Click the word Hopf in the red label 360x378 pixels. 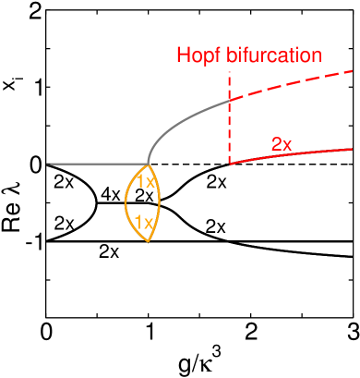[196, 55]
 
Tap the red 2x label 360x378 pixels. [282, 144]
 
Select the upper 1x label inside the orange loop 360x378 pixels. [146, 182]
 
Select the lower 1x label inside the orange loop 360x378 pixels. [143, 222]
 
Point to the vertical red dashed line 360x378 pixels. [229, 129]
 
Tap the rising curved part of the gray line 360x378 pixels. [185, 123]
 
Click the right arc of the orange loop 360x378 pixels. [160, 199]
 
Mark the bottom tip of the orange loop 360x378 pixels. [149, 242]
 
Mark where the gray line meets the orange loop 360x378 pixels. [148, 164]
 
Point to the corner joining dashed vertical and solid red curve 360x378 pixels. [229, 163]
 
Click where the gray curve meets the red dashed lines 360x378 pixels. [229, 101]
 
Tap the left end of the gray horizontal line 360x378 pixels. [48, 164]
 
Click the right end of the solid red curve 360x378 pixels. [353, 148]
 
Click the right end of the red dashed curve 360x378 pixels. [353, 71]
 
